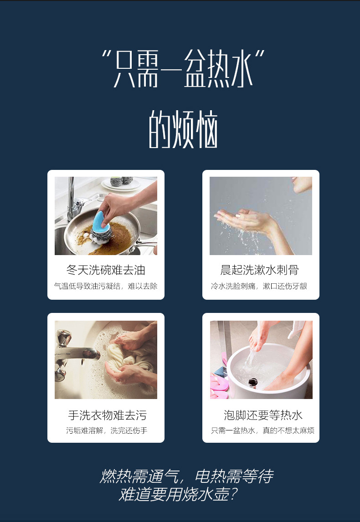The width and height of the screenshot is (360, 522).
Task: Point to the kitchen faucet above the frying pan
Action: (73, 200)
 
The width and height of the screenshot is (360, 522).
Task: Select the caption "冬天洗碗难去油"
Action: (106, 270)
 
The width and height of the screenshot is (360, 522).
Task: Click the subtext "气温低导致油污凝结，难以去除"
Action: (106, 286)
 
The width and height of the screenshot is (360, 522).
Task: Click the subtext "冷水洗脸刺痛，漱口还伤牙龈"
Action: (259, 286)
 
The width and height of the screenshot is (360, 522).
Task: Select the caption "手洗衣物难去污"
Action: (108, 415)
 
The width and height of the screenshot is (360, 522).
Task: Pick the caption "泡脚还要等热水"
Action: (263, 415)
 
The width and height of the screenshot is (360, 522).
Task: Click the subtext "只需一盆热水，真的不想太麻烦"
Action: (262, 430)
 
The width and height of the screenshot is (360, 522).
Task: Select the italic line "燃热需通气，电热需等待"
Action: (186, 476)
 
